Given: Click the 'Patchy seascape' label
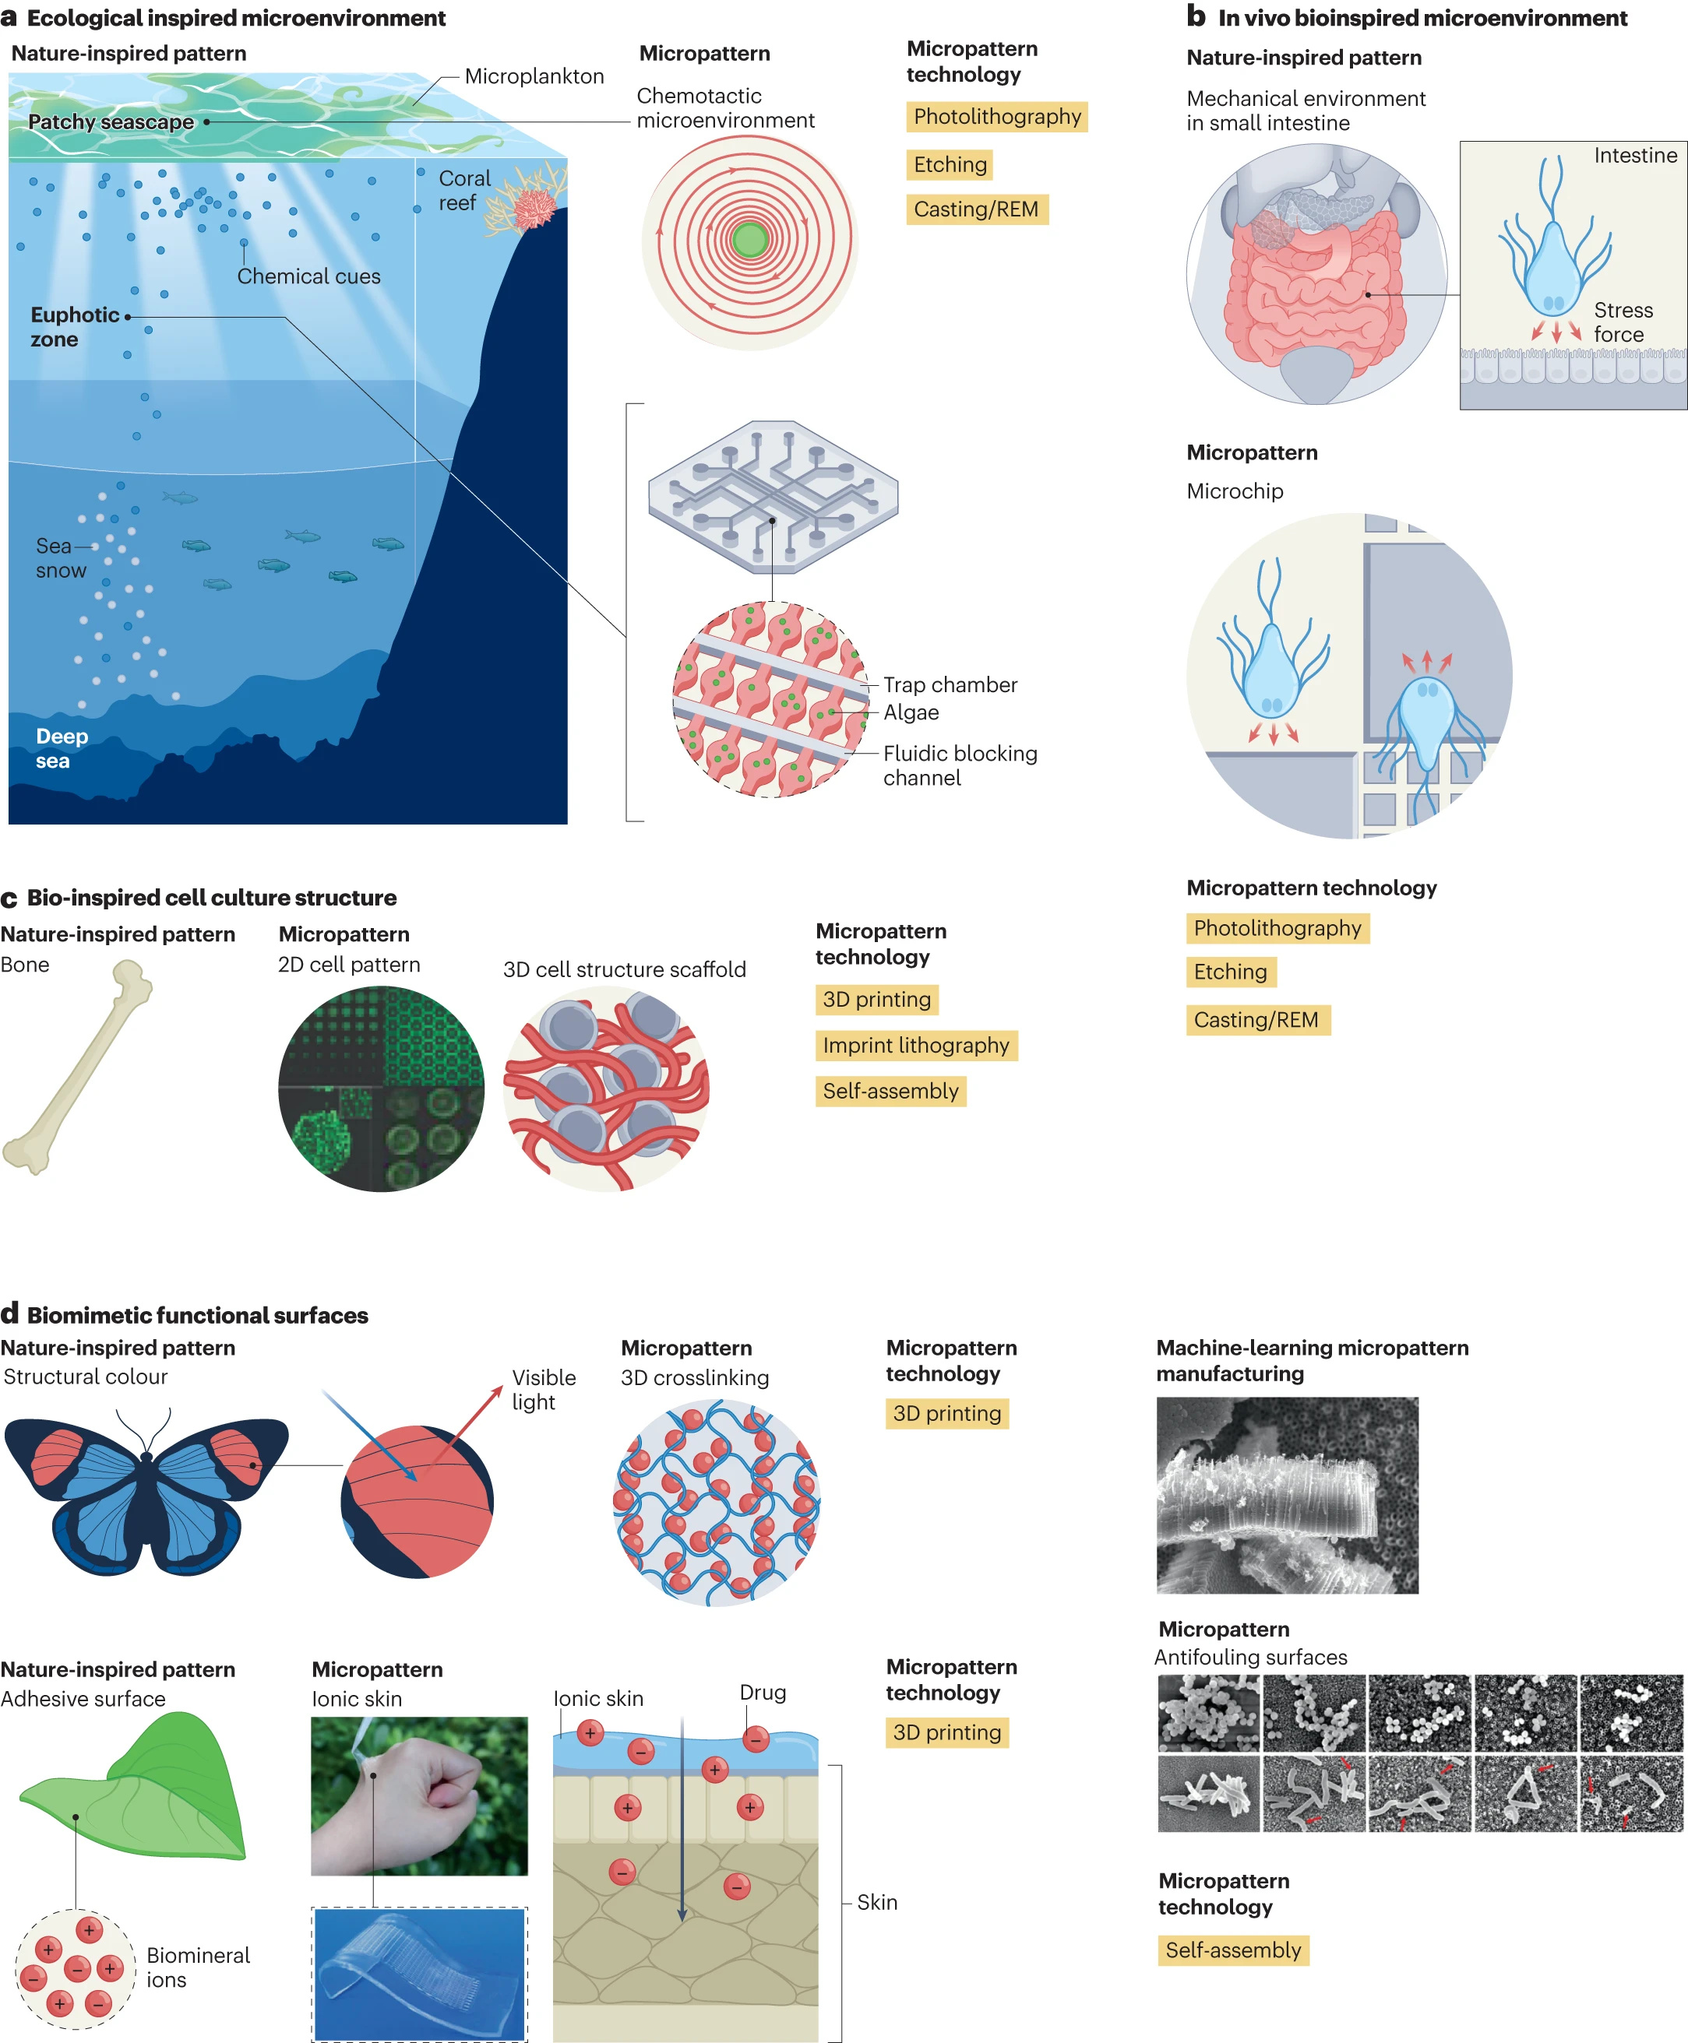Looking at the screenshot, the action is pyautogui.click(x=111, y=122).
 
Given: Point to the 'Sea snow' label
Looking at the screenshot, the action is pyautogui.click(x=60, y=558).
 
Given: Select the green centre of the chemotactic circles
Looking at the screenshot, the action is pyautogui.click(x=749, y=239).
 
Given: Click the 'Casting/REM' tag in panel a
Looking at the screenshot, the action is pyautogui.click(x=976, y=210).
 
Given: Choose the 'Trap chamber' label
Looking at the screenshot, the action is pyautogui.click(x=950, y=685).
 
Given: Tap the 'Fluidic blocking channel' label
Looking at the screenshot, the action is pyautogui.click(x=960, y=766).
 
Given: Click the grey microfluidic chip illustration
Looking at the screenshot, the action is pyautogui.click(x=773, y=497).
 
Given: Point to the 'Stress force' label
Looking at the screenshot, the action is pyautogui.click(x=1623, y=322).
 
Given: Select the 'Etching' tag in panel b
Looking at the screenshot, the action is pyautogui.click(x=1230, y=972).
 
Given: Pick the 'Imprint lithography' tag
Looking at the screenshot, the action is pyautogui.click(x=916, y=1046).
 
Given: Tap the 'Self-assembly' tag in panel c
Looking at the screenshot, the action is pyautogui.click(x=890, y=1092).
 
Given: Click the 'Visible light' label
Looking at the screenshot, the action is pyautogui.click(x=544, y=1390).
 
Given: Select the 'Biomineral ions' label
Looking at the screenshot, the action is pyautogui.click(x=197, y=1967).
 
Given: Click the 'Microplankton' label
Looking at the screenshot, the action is pyautogui.click(x=534, y=77).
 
